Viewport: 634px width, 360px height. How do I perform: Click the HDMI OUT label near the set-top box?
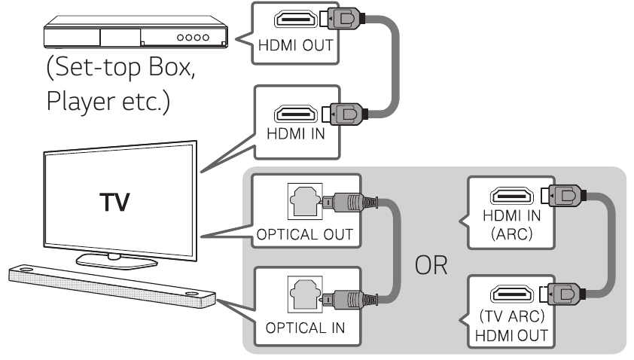pyautogui.click(x=290, y=46)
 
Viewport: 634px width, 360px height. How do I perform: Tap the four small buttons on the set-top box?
pyautogui.click(x=190, y=36)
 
